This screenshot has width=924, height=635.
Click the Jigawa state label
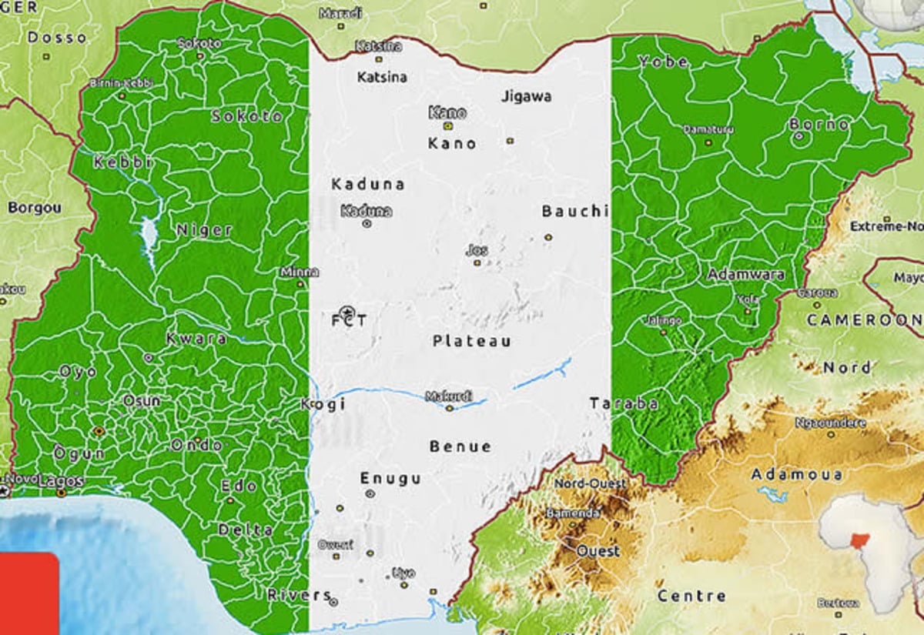(527, 97)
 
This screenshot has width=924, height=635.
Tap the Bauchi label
(575, 211)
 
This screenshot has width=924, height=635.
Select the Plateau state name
(471, 341)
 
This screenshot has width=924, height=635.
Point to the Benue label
(460, 446)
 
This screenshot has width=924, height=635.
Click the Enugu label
(391, 479)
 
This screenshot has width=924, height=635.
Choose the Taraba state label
(624, 403)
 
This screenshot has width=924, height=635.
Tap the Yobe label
(662, 62)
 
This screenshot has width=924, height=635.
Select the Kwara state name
(196, 339)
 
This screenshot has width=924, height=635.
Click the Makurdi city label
(449, 396)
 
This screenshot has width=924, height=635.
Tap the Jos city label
(477, 250)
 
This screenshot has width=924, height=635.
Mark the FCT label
(349, 320)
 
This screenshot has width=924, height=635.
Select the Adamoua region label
(796, 474)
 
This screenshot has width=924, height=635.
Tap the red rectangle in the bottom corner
(28, 593)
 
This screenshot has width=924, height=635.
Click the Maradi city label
(340, 13)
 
